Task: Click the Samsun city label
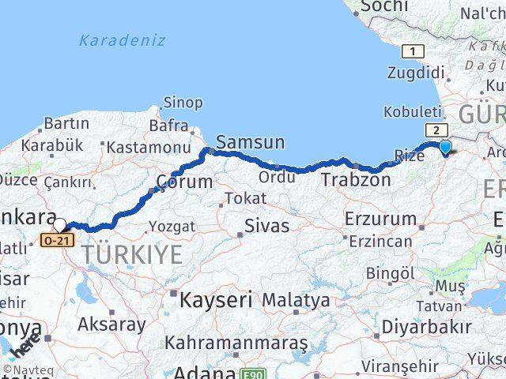(x=250, y=142)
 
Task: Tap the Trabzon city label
(x=356, y=180)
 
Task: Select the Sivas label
(x=266, y=226)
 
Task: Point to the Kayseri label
(x=215, y=300)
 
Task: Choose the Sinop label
(x=183, y=103)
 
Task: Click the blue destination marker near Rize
(x=445, y=147)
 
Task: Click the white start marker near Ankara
(x=59, y=225)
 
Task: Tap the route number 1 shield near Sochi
(x=411, y=51)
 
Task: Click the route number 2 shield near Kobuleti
(x=434, y=130)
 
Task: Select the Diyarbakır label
(x=425, y=325)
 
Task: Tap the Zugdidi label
(x=416, y=73)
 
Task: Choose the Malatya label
(x=296, y=300)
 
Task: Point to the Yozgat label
(x=172, y=227)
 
